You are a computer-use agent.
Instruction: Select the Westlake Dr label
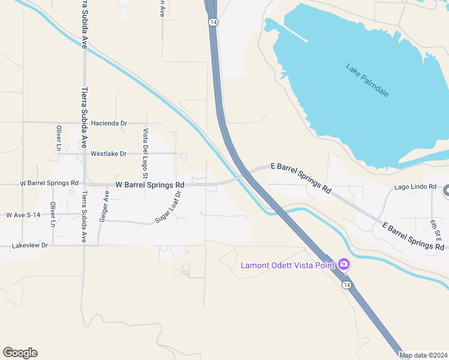[x=109, y=154]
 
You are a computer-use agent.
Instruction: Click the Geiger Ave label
[x=106, y=206]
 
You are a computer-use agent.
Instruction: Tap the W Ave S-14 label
[x=23, y=214]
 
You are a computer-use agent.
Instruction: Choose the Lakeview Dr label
[x=29, y=245]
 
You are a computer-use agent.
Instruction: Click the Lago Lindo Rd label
[x=415, y=187]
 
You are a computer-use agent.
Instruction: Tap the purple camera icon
[x=344, y=264]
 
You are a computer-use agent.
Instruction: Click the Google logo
[x=20, y=353]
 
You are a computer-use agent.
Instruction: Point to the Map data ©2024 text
[x=423, y=355]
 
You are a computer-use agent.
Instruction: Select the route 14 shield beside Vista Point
[x=346, y=284]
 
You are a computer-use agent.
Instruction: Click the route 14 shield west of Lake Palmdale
[x=213, y=22]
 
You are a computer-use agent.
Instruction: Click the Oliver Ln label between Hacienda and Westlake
[x=59, y=137]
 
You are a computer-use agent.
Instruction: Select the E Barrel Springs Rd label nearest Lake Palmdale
[x=301, y=177]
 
